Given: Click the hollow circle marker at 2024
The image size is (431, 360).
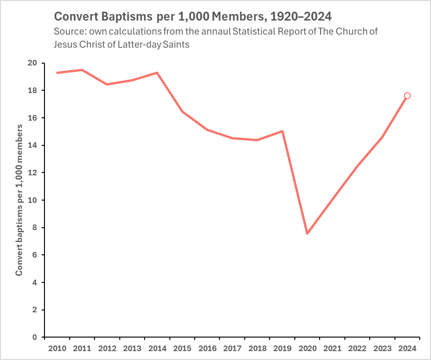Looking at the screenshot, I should point(407,96).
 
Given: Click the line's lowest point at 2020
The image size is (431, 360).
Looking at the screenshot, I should point(307,233).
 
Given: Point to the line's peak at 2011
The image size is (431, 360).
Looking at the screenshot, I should point(82,70).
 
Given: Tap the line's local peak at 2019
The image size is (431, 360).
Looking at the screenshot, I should point(282,131).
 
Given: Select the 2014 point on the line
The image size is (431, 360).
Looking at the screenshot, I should point(157,72).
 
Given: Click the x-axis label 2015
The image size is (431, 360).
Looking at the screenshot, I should point(182,349).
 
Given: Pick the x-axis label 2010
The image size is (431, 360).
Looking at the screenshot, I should point(57,349).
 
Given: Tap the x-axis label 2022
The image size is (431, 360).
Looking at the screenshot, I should point(357,349).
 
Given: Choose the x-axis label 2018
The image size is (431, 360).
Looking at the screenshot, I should point(257,349).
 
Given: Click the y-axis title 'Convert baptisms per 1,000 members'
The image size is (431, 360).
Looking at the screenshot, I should point(19,200).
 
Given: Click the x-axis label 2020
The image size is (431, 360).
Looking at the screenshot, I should point(307,349).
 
